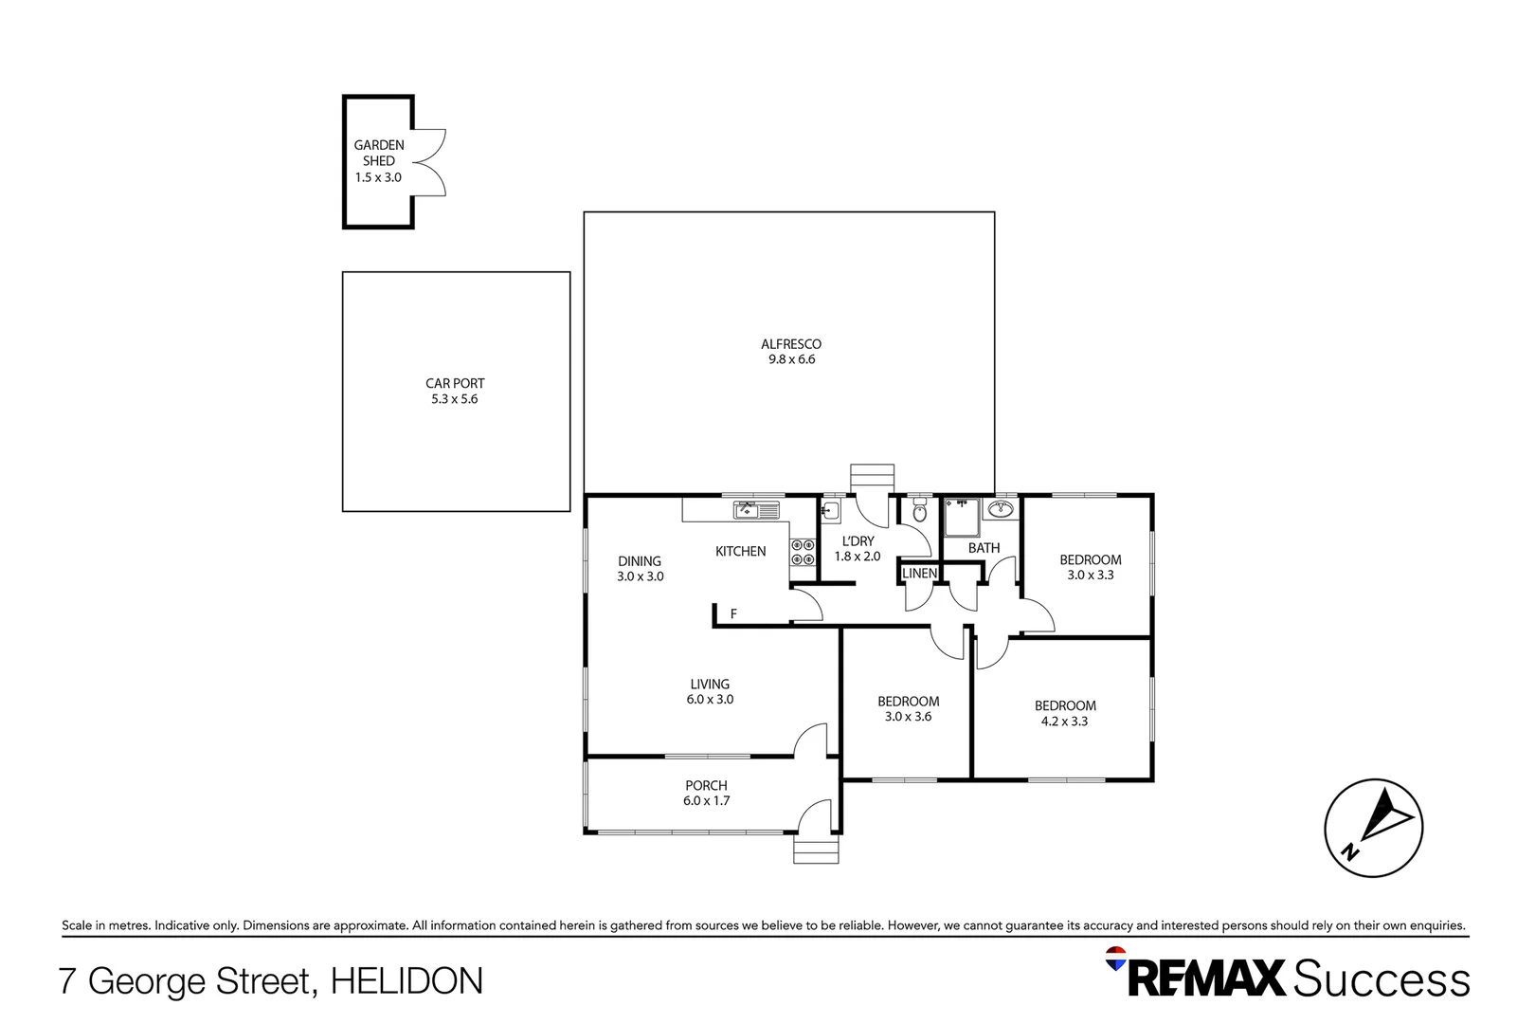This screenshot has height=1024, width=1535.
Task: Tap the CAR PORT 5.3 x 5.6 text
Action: pyautogui.click(x=455, y=391)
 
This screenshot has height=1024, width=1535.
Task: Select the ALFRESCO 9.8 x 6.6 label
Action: pyautogui.click(x=791, y=352)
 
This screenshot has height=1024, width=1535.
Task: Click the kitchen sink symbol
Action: pyautogui.click(x=756, y=511)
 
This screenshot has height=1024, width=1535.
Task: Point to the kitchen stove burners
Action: pyautogui.click(x=804, y=553)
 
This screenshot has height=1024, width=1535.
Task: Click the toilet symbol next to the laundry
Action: pyautogui.click(x=919, y=513)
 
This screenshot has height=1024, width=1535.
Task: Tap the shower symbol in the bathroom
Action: pyautogui.click(x=962, y=518)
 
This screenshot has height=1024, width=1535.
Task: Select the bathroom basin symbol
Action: pyautogui.click(x=1000, y=510)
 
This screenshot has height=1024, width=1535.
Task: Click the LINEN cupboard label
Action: pyautogui.click(x=919, y=574)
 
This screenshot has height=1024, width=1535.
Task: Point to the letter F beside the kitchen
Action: pyautogui.click(x=733, y=614)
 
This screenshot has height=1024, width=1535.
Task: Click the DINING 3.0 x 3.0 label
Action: pyautogui.click(x=640, y=569)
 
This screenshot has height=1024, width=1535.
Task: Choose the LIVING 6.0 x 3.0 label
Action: pyautogui.click(x=710, y=691)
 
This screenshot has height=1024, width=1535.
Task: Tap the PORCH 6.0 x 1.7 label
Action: pyautogui.click(x=706, y=793)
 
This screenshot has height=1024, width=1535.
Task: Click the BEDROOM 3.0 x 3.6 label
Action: pyautogui.click(x=908, y=709)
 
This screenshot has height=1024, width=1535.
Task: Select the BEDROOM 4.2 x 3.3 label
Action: pyautogui.click(x=1065, y=713)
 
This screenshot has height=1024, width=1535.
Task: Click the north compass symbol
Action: pyautogui.click(x=1373, y=828)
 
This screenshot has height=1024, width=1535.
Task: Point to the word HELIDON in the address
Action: pyautogui.click(x=406, y=981)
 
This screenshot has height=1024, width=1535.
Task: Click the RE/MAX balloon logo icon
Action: pyautogui.click(x=1117, y=959)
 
